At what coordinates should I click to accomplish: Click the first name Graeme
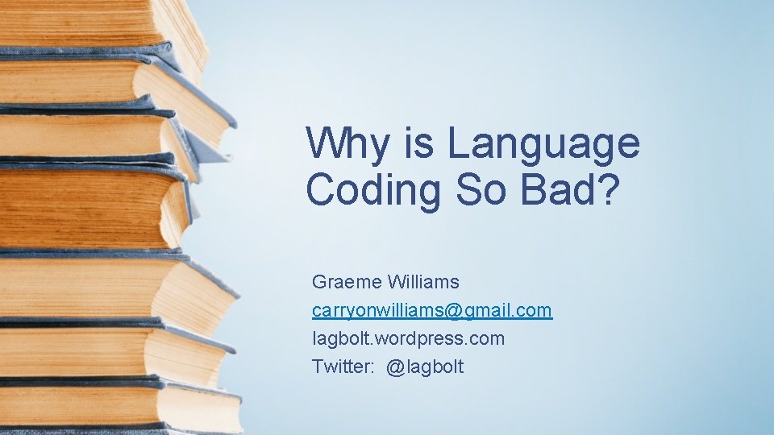tap(346, 283)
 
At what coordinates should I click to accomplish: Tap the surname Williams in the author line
tap(423, 283)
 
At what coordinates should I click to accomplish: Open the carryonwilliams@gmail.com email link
tap(432, 311)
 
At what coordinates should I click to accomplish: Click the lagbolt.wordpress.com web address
tap(408, 339)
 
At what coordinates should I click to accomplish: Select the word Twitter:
tap(343, 367)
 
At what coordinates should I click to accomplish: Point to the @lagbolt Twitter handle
tap(425, 367)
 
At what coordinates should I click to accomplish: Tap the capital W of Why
tap(322, 143)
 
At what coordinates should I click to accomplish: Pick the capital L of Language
tap(456, 143)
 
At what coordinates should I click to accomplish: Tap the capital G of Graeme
tap(318, 283)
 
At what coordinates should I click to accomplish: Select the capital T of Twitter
tap(318, 367)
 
